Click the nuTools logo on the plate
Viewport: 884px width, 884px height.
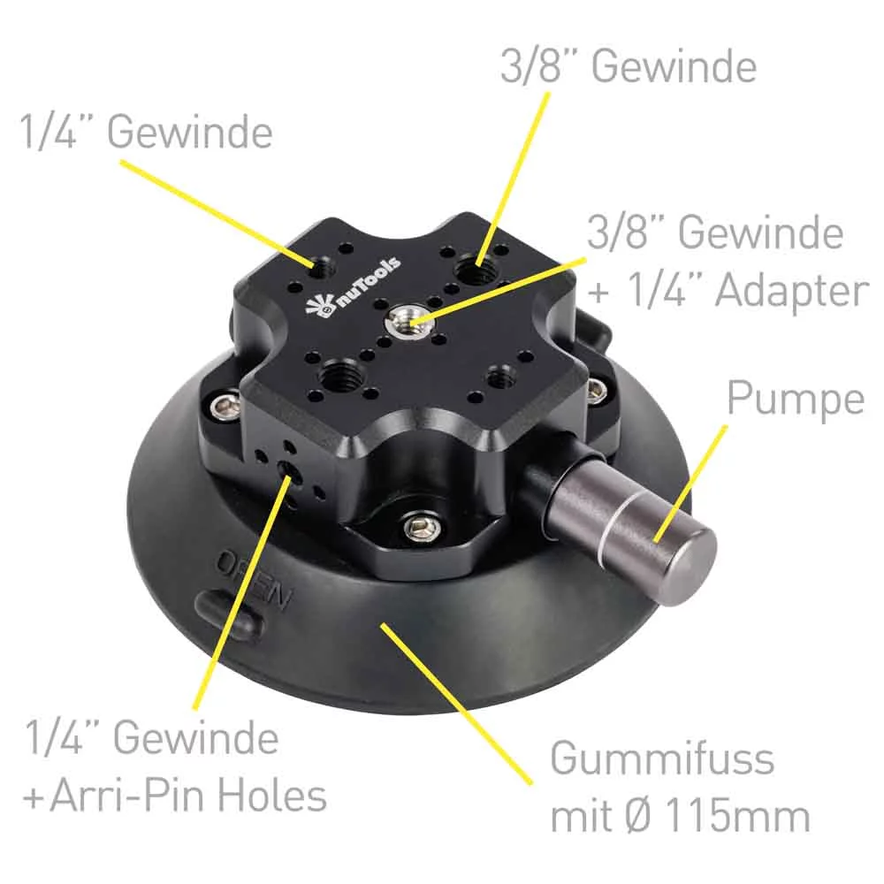coord(353,286)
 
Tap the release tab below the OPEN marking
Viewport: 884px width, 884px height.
coord(229,614)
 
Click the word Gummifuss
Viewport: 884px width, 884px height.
coord(662,758)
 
